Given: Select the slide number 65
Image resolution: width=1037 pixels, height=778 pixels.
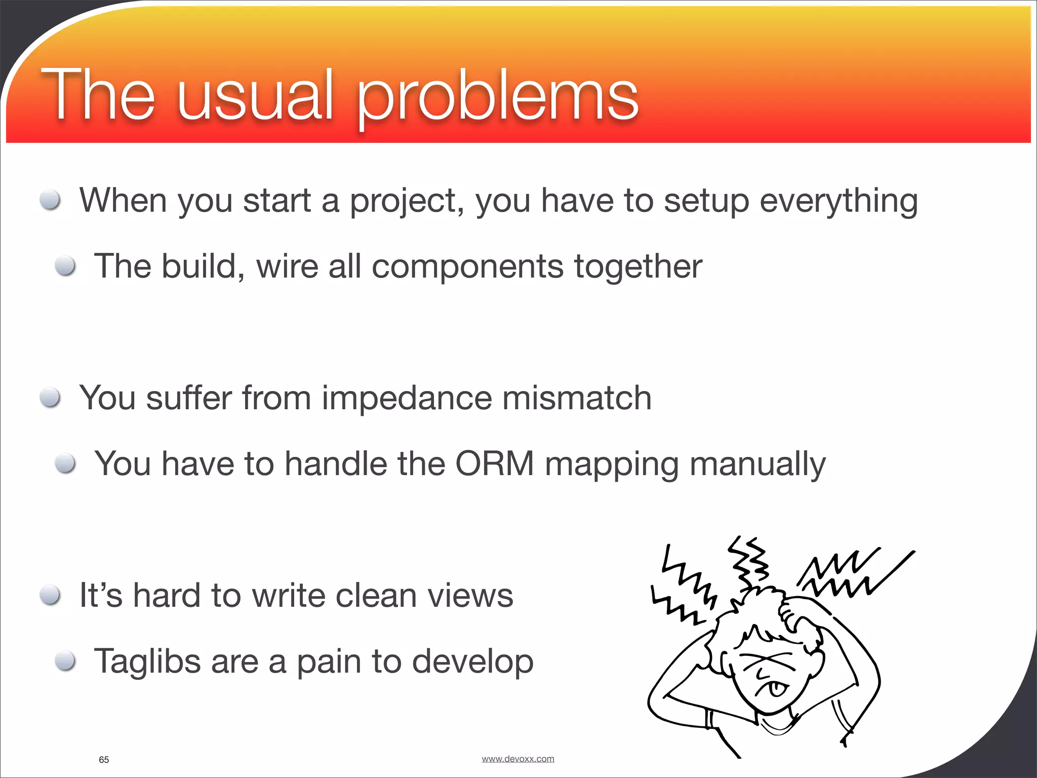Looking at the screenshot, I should pyautogui.click(x=104, y=760).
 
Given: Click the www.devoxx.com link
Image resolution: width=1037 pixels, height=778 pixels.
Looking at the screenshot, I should pyautogui.click(x=517, y=759).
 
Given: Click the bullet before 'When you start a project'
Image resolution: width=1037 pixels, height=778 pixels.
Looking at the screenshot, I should pyautogui.click(x=51, y=200).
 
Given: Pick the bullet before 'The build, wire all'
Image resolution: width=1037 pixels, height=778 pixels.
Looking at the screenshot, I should pyautogui.click(x=65, y=266).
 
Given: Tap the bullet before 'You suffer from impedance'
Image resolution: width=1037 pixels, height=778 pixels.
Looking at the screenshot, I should pyautogui.click(x=51, y=398).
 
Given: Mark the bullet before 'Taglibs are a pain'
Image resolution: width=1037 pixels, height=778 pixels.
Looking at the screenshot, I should pyautogui.click(x=65, y=661).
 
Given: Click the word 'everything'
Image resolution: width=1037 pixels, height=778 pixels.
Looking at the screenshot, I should pyautogui.click(x=839, y=202).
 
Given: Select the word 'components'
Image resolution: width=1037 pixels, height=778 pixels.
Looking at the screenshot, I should pyautogui.click(x=467, y=267).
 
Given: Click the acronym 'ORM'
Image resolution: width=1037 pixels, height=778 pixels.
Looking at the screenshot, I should pyautogui.click(x=495, y=463).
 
